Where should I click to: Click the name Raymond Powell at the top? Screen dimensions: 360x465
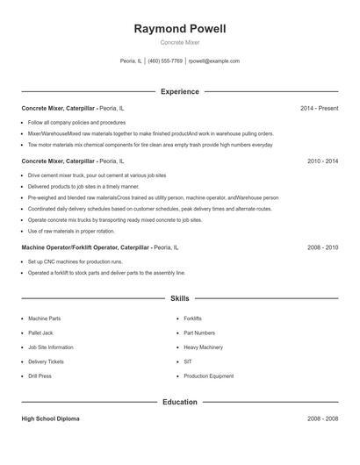[179, 29]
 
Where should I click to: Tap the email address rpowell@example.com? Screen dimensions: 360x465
[214, 61]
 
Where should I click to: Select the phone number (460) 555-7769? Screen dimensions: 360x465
[165, 61]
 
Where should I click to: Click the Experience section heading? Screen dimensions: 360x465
[179, 91]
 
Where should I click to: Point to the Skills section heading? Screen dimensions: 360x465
[179, 299]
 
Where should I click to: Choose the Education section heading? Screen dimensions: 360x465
[179, 402]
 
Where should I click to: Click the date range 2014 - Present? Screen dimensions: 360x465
[319, 108]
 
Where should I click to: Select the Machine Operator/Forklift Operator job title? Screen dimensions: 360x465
[86, 248]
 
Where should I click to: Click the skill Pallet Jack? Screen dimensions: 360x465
[41, 333]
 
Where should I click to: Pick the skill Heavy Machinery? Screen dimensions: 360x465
[203, 347]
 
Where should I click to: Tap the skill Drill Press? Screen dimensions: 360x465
[40, 376]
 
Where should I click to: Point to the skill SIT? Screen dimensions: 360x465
[188, 361]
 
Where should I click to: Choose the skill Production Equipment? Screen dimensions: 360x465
[208, 376]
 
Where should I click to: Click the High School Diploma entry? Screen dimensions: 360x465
[50, 419]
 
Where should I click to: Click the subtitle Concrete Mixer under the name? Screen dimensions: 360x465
[179, 43]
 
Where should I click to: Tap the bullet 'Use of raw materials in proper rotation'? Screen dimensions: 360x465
[71, 231]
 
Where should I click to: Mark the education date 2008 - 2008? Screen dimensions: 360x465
[322, 419]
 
